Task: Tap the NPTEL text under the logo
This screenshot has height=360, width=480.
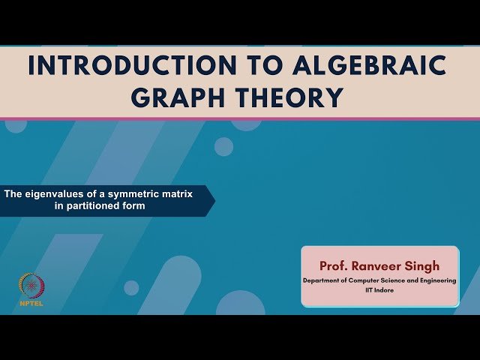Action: click(x=31, y=304)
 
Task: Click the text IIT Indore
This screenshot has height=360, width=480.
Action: click(x=379, y=289)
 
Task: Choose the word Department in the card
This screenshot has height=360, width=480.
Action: click(x=321, y=280)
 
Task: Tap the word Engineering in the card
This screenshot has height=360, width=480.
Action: click(x=435, y=280)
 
